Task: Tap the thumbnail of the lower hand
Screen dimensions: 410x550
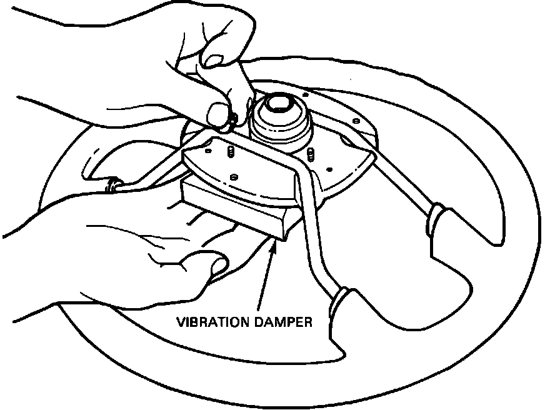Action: [x=219, y=265]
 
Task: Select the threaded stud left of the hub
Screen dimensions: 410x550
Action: [x=229, y=151]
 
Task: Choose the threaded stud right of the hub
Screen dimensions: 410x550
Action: [x=311, y=152]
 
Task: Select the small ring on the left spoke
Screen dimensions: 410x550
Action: [x=112, y=184]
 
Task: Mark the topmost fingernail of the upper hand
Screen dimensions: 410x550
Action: [x=214, y=61]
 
